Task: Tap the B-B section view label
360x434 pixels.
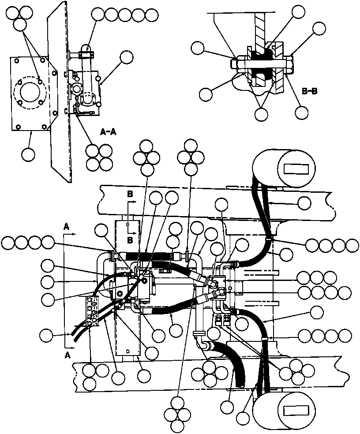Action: tap(310, 91)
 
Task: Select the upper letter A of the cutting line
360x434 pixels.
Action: tap(66, 226)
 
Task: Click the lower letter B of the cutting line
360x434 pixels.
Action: tap(131, 240)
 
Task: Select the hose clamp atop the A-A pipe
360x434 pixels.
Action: tap(86, 55)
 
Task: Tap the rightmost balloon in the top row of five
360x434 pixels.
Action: tap(152, 15)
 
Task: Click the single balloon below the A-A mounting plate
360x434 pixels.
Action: tap(28, 154)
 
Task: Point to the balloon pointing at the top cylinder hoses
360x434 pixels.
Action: tap(304, 202)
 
